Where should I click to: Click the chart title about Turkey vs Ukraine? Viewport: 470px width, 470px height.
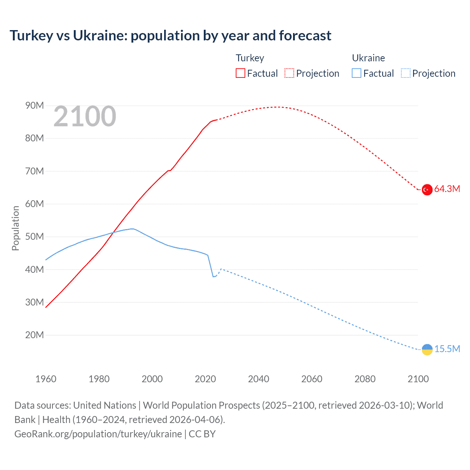click(x=170, y=36)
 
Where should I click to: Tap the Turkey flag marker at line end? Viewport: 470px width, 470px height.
click(x=427, y=189)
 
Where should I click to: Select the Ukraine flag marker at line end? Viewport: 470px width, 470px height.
click(x=427, y=350)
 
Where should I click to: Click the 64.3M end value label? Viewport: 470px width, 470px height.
click(x=447, y=189)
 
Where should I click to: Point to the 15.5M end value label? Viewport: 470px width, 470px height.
click(x=447, y=349)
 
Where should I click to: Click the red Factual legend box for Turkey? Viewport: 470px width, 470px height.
click(x=240, y=73)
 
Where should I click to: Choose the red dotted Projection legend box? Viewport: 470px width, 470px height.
click(x=289, y=73)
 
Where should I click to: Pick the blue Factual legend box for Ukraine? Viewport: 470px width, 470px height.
click(x=356, y=73)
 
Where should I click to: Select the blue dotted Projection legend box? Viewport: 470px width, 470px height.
click(x=405, y=73)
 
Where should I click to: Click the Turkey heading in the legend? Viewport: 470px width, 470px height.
click(x=250, y=58)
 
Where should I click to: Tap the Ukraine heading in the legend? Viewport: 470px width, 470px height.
click(x=368, y=58)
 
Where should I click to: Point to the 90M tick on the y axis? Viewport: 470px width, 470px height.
click(x=35, y=106)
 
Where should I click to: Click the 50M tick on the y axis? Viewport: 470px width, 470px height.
click(x=35, y=237)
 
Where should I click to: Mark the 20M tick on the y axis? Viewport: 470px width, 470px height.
click(x=35, y=335)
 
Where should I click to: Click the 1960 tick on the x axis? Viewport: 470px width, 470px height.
click(x=46, y=379)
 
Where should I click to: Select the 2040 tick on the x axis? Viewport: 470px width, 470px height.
click(x=258, y=379)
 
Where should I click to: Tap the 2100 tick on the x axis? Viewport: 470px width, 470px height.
click(x=418, y=379)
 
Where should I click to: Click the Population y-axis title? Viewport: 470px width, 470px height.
click(x=15, y=228)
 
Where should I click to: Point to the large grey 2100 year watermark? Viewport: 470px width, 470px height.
click(x=85, y=117)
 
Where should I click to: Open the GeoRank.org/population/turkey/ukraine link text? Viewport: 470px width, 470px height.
click(x=98, y=434)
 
